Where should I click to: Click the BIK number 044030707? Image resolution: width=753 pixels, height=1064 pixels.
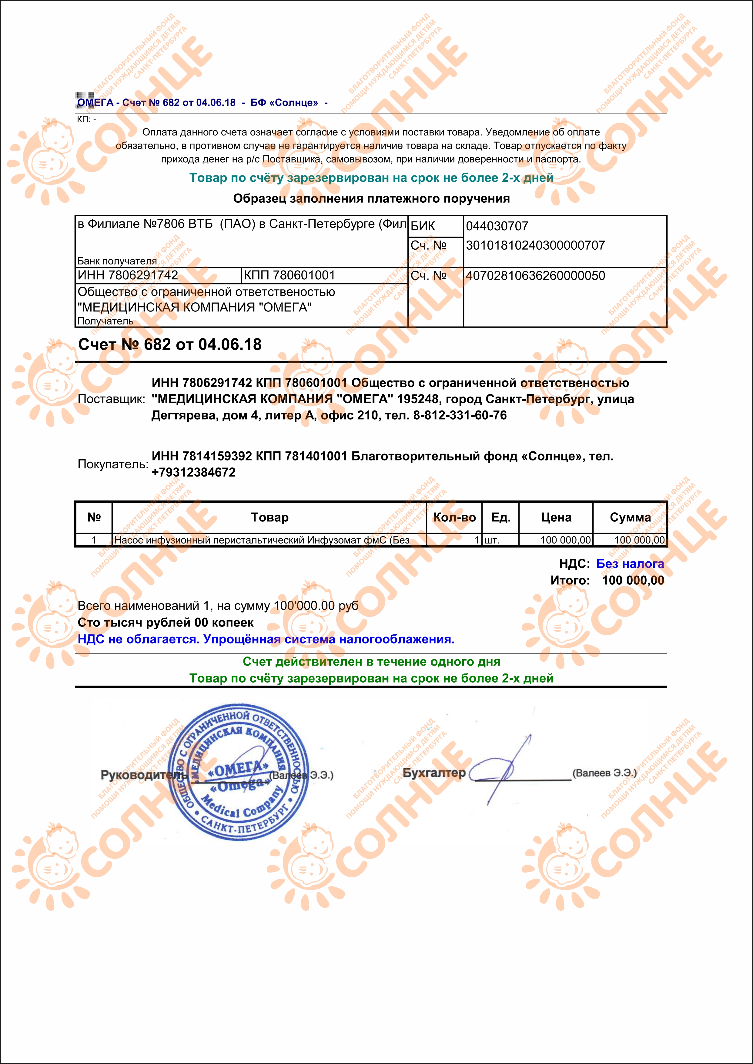497,226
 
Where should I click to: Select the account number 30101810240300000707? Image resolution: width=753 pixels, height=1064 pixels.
535,245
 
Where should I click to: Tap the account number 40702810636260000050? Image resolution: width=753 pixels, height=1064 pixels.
535,275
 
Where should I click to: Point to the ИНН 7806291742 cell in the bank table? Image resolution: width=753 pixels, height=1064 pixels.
128,275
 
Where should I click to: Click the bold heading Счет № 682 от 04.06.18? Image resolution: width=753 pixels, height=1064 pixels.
170,344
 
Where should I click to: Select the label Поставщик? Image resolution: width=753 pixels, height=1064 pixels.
111,399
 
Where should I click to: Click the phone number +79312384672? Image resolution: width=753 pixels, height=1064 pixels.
193,472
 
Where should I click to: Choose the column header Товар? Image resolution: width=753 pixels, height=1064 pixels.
269,517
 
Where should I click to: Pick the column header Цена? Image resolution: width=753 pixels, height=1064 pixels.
556,517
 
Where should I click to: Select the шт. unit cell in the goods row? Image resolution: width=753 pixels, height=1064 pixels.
492,540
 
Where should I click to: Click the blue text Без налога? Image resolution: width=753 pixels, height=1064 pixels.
630,564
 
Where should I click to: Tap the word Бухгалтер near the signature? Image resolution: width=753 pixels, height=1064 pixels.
434,773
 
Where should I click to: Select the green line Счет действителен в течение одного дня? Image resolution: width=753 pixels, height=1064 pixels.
371,661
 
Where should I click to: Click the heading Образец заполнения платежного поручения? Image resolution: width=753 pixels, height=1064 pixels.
371,199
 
